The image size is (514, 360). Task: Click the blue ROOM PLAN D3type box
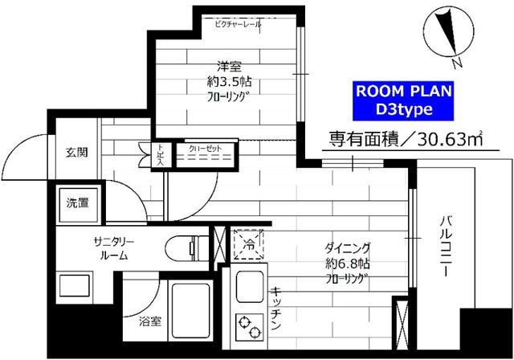[x=404, y=99]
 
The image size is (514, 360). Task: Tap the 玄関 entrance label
[x=77, y=153]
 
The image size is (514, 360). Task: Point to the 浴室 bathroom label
[x=149, y=322]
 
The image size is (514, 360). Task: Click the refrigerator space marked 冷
[x=247, y=243]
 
